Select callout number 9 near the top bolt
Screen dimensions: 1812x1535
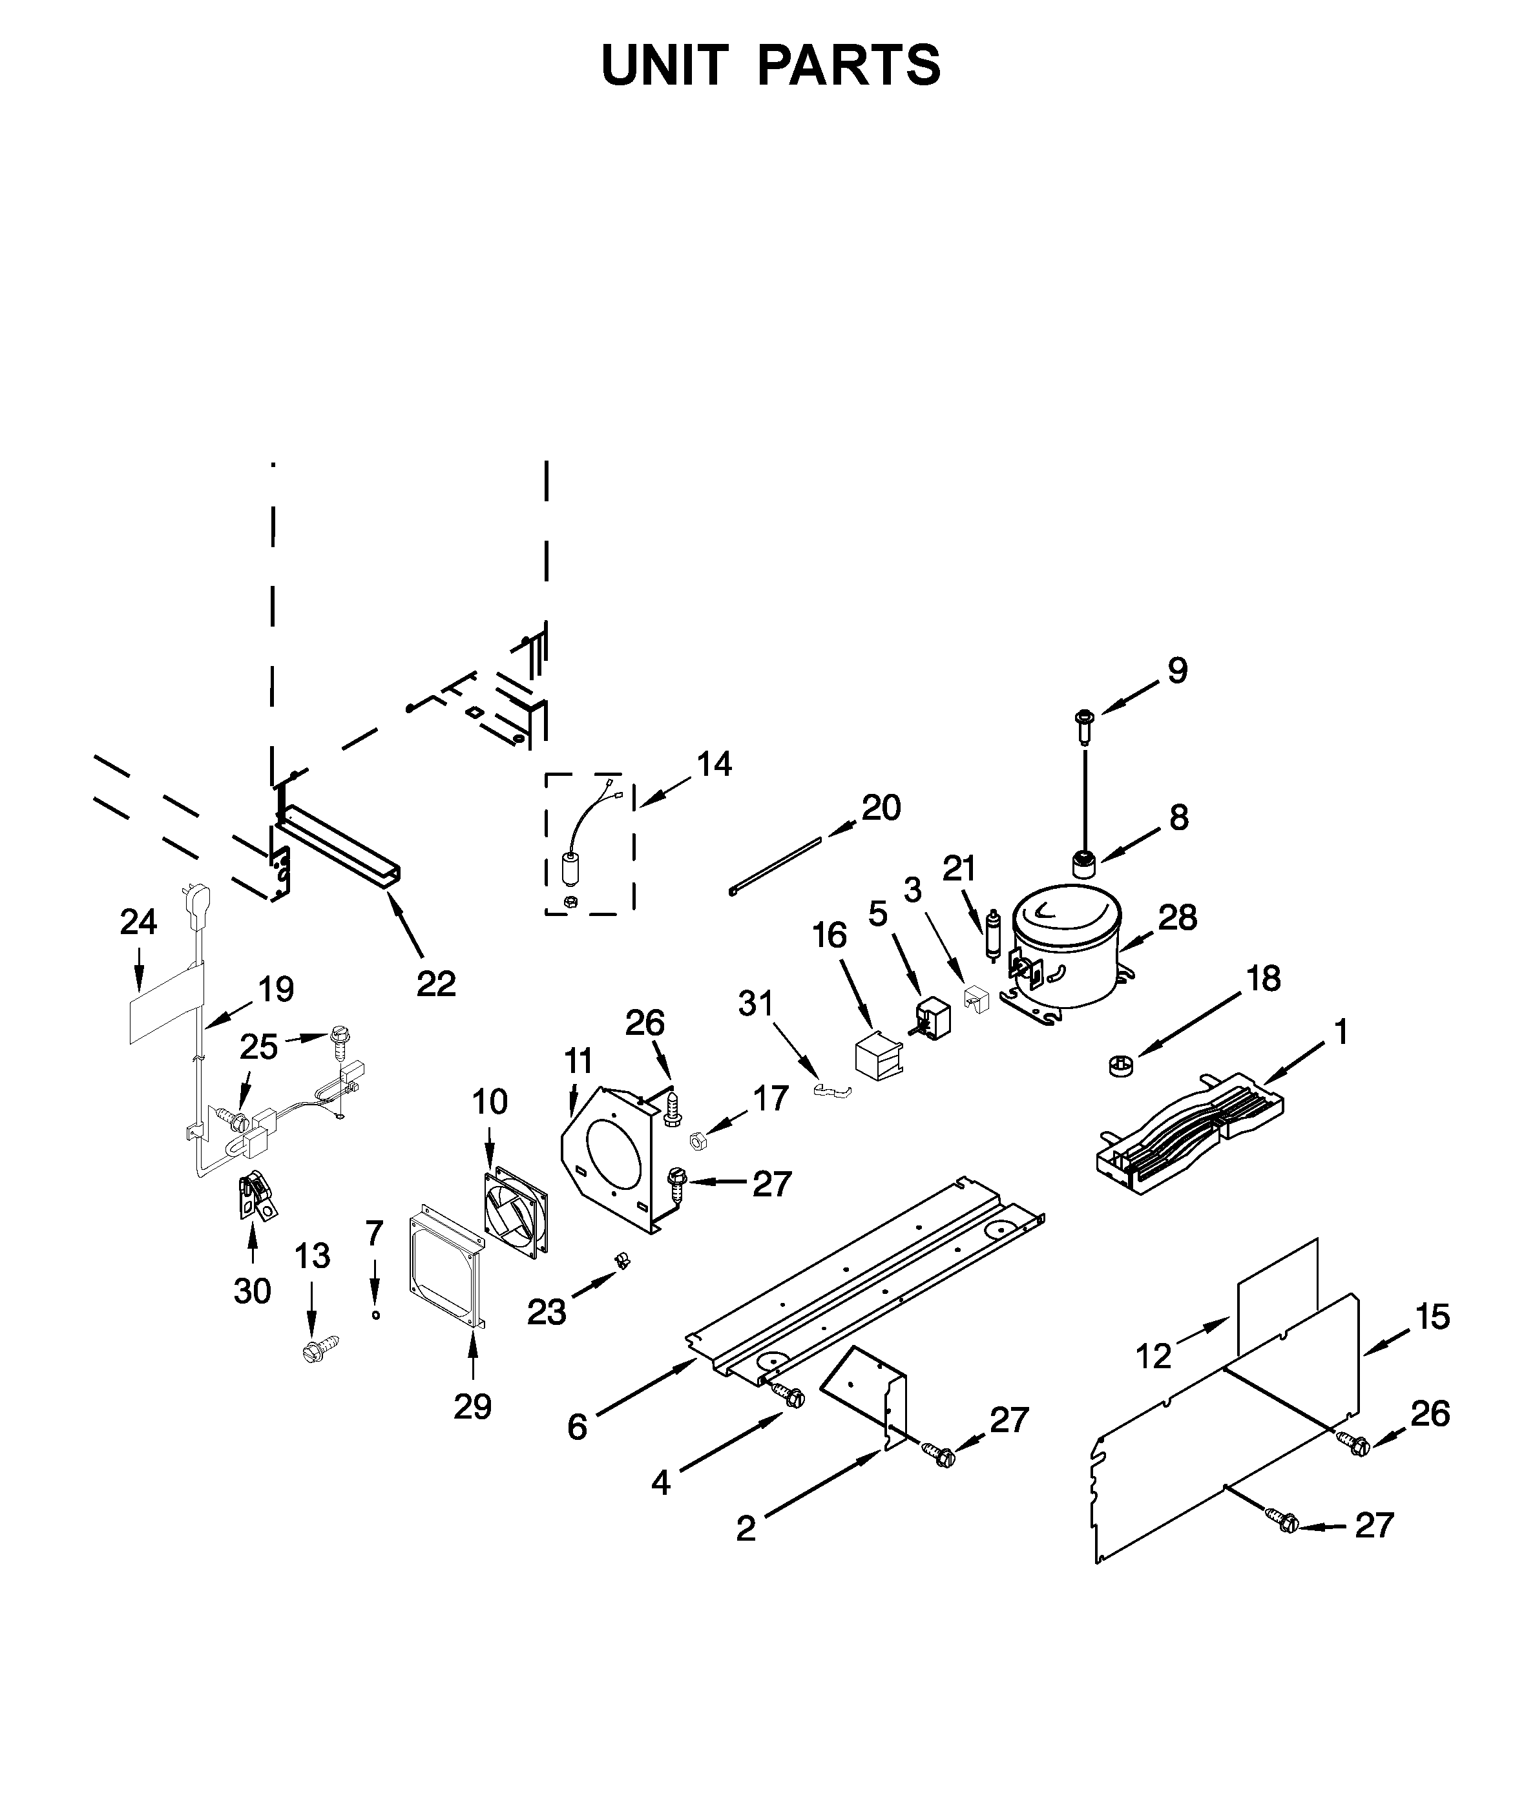1176,671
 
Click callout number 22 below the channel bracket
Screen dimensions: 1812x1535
436,984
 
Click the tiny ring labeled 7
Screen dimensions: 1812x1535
376,1315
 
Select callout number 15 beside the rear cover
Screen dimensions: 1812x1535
1432,1316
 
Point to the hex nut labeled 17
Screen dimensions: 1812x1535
696,1139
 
